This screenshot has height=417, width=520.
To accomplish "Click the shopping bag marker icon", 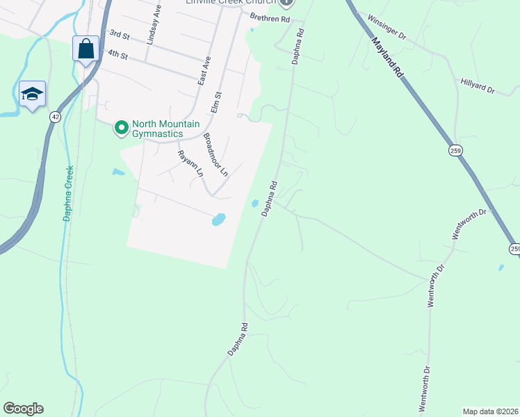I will point(86,50).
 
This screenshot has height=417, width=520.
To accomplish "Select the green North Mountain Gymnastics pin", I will point(121,126).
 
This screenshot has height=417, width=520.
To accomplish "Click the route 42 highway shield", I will point(54,117).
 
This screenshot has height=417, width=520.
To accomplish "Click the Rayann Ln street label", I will point(190,163).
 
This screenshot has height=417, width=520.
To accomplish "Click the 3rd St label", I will point(120,34).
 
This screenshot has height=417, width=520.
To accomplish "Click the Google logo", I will point(23,409).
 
